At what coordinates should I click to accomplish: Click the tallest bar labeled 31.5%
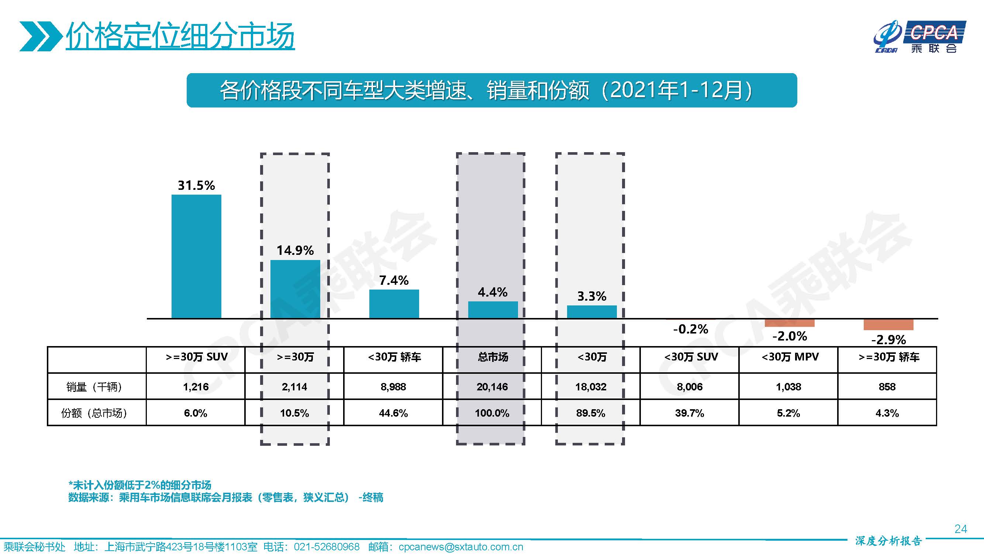pyautogui.click(x=196, y=256)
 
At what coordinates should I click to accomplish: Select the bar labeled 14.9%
pyautogui.click(x=295, y=289)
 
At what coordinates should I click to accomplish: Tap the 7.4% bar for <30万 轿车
pyautogui.click(x=394, y=304)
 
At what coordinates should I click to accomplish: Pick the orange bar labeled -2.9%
pyautogui.click(x=888, y=325)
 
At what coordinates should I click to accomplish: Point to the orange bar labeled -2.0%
pyautogui.click(x=789, y=323)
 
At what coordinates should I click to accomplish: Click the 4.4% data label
pyautogui.click(x=493, y=293)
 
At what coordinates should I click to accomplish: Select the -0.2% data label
pyautogui.click(x=690, y=329)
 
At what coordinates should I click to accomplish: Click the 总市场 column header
pyautogui.click(x=493, y=357)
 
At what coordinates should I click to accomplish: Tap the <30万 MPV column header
pyautogui.click(x=790, y=357)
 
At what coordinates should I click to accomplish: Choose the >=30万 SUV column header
pyautogui.click(x=196, y=357)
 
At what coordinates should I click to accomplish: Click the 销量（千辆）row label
pyautogui.click(x=94, y=387)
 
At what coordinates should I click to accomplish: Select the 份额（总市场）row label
pyautogui.click(x=94, y=413)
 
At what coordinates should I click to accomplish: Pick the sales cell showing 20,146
pyautogui.click(x=492, y=387)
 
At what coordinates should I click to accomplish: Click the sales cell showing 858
pyautogui.click(x=887, y=387)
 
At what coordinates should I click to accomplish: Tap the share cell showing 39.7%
pyautogui.click(x=690, y=413)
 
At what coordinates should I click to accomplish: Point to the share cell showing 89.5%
pyautogui.click(x=591, y=413)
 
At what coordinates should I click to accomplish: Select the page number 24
pyautogui.click(x=960, y=529)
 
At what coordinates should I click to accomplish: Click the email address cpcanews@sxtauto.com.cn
pyautogui.click(x=461, y=547)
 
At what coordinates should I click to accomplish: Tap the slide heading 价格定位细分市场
pyautogui.click(x=180, y=36)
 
